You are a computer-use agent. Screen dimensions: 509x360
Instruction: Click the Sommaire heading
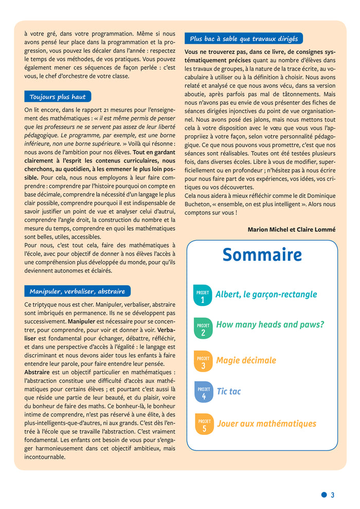(262, 255)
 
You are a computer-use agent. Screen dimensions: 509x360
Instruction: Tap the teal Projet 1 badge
(203, 296)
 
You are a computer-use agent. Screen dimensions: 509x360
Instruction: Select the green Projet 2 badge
(203, 329)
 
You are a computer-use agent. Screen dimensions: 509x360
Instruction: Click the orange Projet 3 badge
(203, 361)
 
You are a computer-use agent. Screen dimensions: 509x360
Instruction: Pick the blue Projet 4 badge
(203, 392)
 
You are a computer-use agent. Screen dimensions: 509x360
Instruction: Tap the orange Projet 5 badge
(204, 424)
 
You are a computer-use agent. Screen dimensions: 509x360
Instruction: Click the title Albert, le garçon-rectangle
(266, 295)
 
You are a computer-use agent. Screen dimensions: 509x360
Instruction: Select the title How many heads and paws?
(270, 324)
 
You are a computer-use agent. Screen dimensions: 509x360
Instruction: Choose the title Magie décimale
(246, 360)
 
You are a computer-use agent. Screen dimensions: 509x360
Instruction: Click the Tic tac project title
(228, 392)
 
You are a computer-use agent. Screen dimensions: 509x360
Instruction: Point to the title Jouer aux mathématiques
(266, 424)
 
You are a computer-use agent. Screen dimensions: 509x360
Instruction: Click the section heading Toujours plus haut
(58, 97)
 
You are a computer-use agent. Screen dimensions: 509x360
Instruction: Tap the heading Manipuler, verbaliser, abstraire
(77, 291)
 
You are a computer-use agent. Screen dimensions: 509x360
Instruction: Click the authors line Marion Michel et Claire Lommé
(291, 229)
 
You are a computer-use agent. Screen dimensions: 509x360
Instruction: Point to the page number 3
(332, 495)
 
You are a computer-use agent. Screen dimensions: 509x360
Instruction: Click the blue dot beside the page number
(323, 495)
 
